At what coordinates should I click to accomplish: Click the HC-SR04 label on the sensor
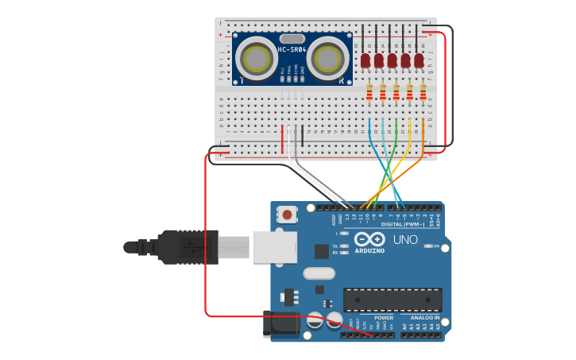point(291,50)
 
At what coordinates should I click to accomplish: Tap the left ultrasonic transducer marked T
point(256,58)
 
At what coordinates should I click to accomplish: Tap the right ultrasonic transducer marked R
point(327,58)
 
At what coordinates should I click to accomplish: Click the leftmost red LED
point(365,60)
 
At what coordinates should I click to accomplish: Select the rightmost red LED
point(419,60)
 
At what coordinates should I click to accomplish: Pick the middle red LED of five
point(392,60)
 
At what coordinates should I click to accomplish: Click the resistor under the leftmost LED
point(369,92)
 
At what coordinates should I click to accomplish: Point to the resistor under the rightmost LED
point(423,92)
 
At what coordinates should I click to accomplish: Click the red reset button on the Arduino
point(288,215)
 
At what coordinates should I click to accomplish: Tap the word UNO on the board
point(405,239)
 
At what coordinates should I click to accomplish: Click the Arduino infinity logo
point(369,239)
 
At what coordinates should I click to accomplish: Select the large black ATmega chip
point(392,300)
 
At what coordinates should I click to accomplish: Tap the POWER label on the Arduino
point(384,317)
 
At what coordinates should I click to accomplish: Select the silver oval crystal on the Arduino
point(319,274)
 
